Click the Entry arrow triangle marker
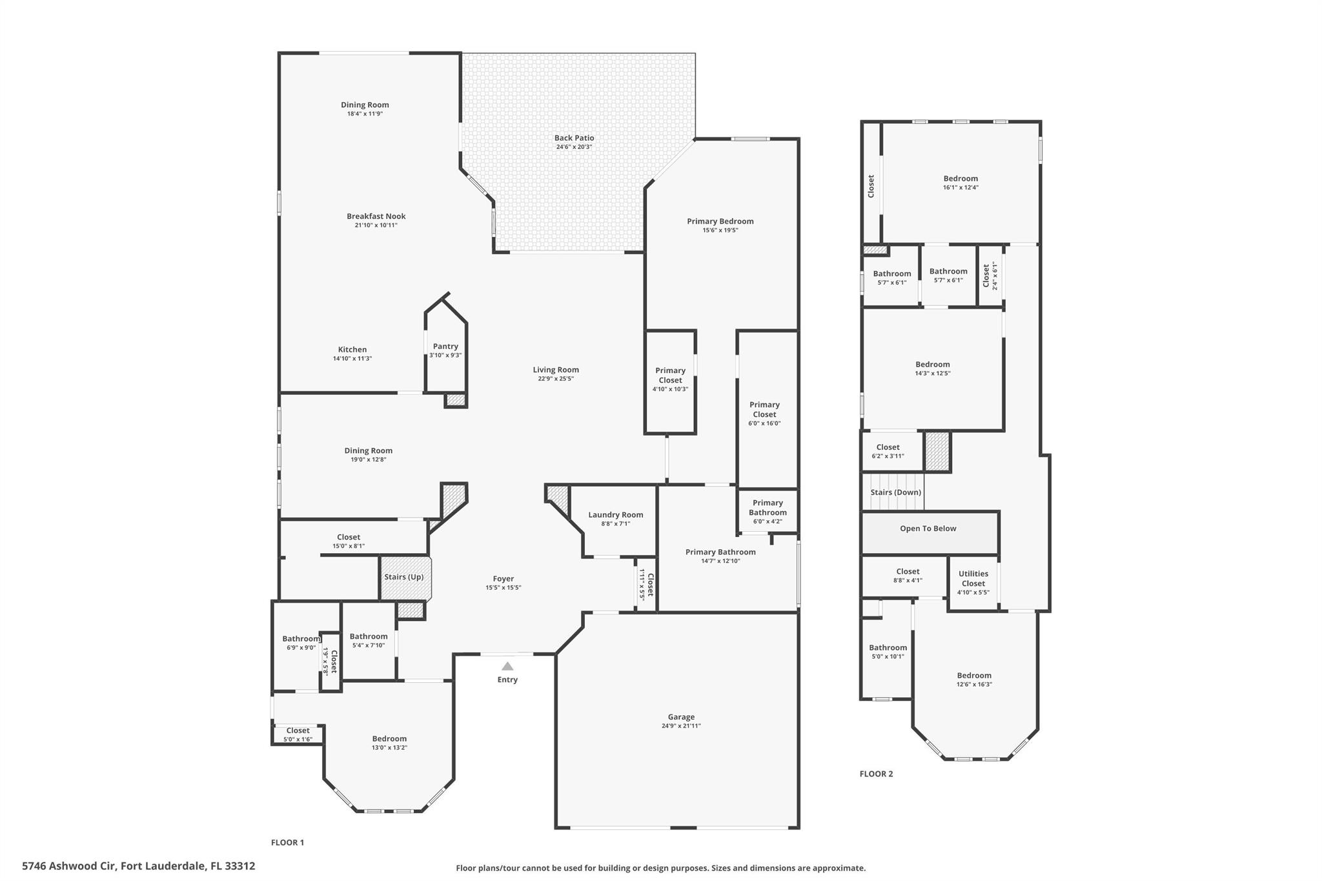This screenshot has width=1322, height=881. click(507, 666)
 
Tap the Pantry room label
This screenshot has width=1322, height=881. click(445, 347)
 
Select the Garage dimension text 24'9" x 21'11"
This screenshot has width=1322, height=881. click(681, 726)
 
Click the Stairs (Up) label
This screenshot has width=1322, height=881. click(404, 577)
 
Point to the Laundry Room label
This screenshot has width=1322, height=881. click(616, 515)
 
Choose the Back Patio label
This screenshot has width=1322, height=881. click(574, 138)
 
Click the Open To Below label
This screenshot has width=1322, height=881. click(928, 529)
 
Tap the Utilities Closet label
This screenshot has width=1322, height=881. click(973, 578)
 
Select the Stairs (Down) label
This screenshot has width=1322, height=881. click(896, 492)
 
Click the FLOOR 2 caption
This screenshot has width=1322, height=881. click(876, 774)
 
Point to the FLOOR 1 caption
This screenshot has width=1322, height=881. click(287, 842)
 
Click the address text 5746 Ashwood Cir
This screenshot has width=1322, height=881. click(67, 866)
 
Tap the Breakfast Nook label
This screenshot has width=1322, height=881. click(376, 216)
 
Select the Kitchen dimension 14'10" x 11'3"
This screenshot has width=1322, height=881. click(352, 359)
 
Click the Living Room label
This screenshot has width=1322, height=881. click(556, 370)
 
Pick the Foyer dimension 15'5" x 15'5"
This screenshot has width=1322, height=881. click(503, 588)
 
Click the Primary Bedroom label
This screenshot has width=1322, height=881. click(720, 221)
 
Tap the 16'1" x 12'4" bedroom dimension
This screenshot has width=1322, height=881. click(961, 188)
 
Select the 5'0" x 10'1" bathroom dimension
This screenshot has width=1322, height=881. click(888, 657)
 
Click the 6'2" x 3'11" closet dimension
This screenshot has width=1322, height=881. click(888, 456)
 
